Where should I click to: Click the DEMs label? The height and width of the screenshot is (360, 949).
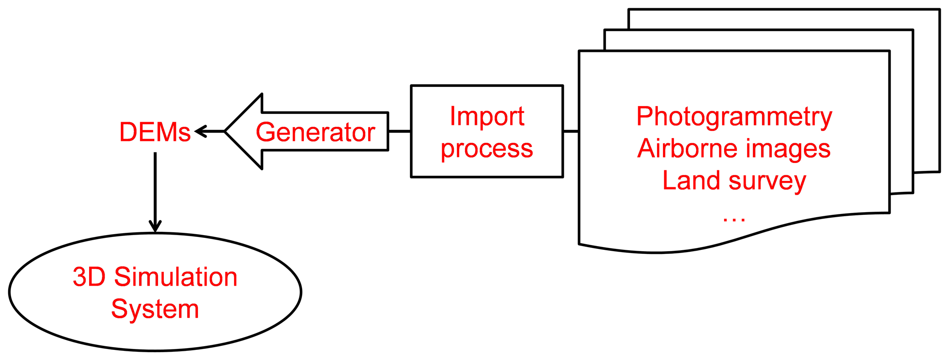tap(155, 133)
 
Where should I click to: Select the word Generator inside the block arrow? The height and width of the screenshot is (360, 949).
tap(315, 133)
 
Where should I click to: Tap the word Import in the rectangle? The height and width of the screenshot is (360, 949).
tap(487, 116)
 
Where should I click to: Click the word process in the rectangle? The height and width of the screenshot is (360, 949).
tap(487, 149)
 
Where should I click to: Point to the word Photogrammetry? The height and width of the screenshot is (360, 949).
tap(734, 117)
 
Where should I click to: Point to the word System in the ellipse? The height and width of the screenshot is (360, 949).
tap(155, 309)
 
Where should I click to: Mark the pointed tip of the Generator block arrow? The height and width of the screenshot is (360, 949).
tap(226, 132)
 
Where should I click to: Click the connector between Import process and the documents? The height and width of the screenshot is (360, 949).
tap(571, 132)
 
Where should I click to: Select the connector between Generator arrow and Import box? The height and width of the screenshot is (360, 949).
tap(399, 132)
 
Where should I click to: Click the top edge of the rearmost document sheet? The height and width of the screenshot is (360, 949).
tap(781, 10)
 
